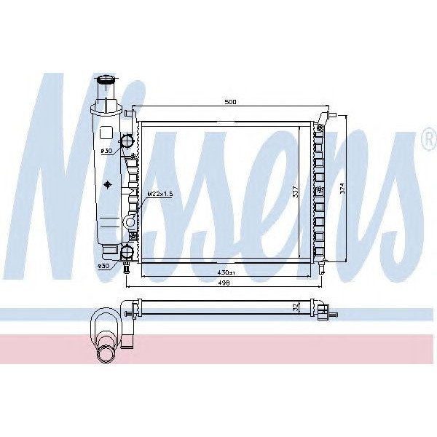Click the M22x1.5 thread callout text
click(x=160, y=194)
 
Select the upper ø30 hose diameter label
click(x=106, y=151)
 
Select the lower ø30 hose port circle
click(x=127, y=252)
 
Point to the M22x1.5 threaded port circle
click(x=130, y=221)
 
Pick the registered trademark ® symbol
click(x=428, y=142)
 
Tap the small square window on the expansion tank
click(x=106, y=133)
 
